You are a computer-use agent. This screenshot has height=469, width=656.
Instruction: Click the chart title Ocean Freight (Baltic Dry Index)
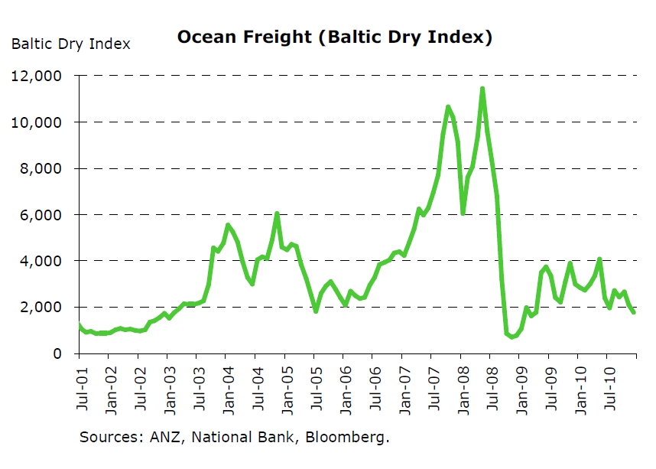[335, 37]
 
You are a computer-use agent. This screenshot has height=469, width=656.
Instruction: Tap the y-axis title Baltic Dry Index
[70, 44]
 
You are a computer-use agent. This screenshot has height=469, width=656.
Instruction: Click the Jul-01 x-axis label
[80, 387]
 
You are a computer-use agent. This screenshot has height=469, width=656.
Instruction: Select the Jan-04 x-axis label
[227, 387]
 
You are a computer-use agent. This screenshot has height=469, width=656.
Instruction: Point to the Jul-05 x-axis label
[315, 387]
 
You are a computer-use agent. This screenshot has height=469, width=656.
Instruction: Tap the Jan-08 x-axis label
[462, 387]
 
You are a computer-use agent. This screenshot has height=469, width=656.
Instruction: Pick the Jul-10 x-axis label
[608, 387]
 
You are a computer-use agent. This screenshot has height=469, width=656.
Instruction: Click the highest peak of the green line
[482, 89]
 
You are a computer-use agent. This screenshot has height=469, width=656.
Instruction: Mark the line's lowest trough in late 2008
[511, 337]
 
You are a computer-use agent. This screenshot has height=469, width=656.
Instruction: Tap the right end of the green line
[634, 312]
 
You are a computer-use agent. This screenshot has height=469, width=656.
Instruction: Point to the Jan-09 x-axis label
[520, 387]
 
